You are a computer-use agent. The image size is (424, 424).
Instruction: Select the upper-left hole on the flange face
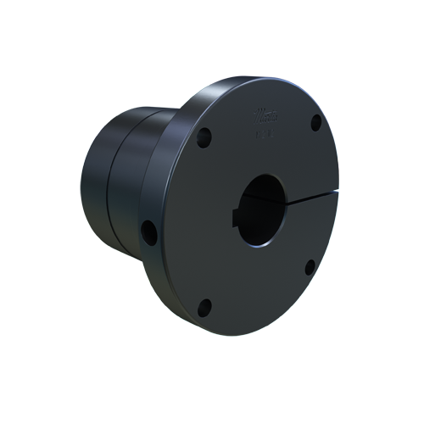204,136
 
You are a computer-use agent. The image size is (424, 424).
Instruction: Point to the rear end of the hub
92,182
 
